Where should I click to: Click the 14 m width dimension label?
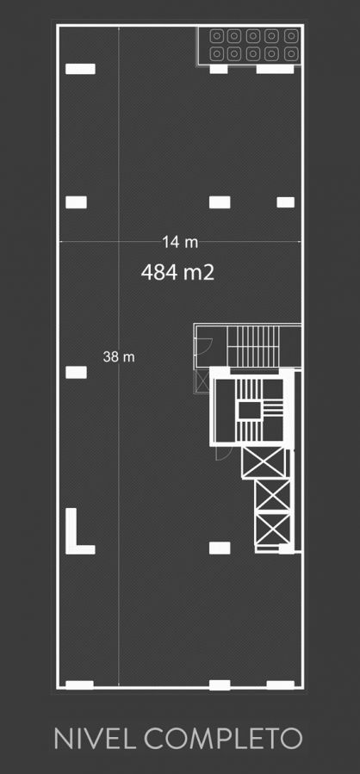[x=180, y=243]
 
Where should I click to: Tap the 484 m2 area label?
[x=177, y=272]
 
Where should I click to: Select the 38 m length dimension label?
[x=119, y=356]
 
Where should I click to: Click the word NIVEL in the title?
[x=96, y=739]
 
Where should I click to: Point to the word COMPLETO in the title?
[x=223, y=739]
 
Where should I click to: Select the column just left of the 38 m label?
[x=76, y=372]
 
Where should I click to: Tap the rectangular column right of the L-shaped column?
[x=220, y=548]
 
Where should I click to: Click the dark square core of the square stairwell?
[x=250, y=410]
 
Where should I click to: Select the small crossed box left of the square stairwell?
[x=202, y=380]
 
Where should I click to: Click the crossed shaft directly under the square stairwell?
[x=264, y=462]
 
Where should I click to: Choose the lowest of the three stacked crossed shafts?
[x=274, y=530]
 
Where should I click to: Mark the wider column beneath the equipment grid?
[x=275, y=69]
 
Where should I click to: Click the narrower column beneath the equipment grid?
[x=219, y=69]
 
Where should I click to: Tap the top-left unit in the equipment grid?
[x=217, y=36]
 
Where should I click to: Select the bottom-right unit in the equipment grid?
[x=291, y=53]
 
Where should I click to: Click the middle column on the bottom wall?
[x=220, y=685]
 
